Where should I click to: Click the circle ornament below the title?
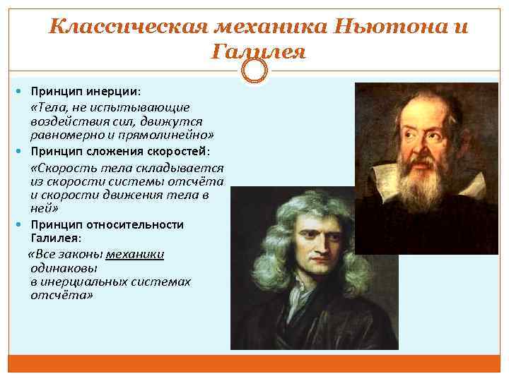point(255,71)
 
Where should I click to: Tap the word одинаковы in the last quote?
point(64,268)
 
